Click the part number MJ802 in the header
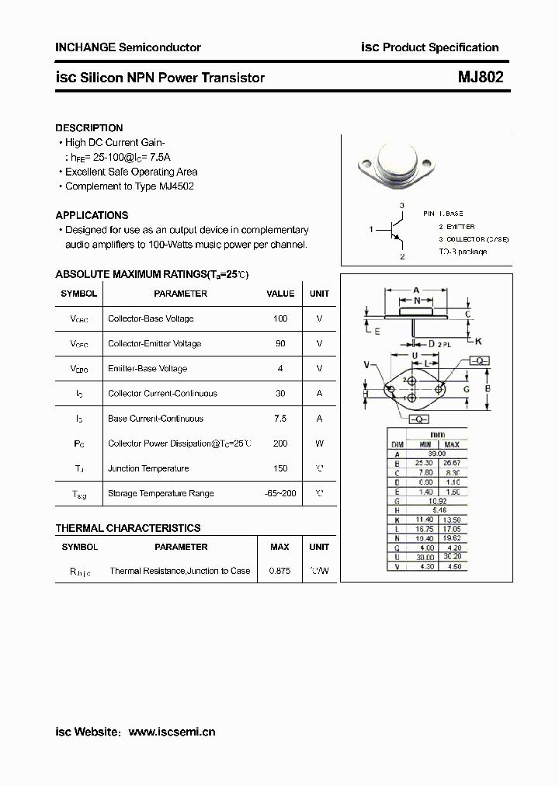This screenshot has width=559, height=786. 481,78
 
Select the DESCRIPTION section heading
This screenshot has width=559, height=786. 89,128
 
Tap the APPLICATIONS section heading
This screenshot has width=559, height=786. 92,215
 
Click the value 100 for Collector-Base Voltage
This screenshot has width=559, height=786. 280,318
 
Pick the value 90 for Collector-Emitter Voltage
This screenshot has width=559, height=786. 280,343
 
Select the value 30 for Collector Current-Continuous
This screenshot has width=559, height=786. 280,394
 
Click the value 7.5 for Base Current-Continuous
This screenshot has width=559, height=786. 280,419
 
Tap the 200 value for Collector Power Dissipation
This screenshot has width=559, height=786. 280,443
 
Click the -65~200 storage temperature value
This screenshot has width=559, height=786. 280,493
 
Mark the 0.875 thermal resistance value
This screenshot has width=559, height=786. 279,571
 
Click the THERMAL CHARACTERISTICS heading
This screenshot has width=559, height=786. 128,528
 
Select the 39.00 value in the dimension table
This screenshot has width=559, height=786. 437,454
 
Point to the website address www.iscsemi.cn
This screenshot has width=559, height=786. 172,732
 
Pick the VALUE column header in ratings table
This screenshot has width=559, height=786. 280,294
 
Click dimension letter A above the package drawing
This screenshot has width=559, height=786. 416,290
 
